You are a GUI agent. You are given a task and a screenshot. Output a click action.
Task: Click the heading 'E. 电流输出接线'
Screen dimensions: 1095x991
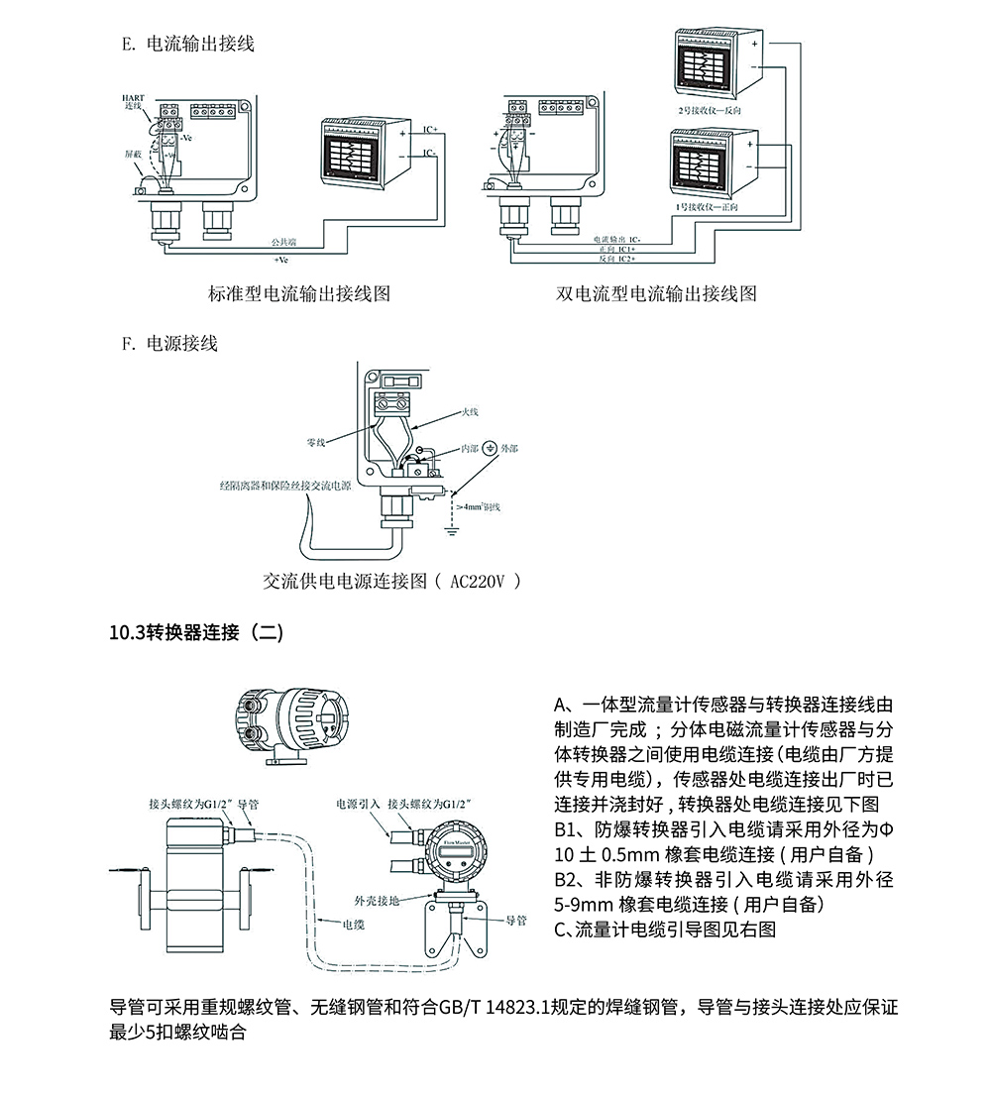tap(187, 45)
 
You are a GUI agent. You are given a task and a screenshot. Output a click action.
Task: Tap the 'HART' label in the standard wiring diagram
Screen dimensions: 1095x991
tap(133, 97)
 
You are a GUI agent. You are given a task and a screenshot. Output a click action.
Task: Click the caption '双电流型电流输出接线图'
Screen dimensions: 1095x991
tap(656, 293)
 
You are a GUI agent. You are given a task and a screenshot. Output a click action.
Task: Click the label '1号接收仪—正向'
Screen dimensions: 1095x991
tap(705, 207)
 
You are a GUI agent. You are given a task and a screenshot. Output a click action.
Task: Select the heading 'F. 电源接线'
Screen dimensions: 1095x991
tap(169, 344)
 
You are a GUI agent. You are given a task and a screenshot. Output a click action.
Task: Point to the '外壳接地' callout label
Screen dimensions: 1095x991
tap(376, 901)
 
